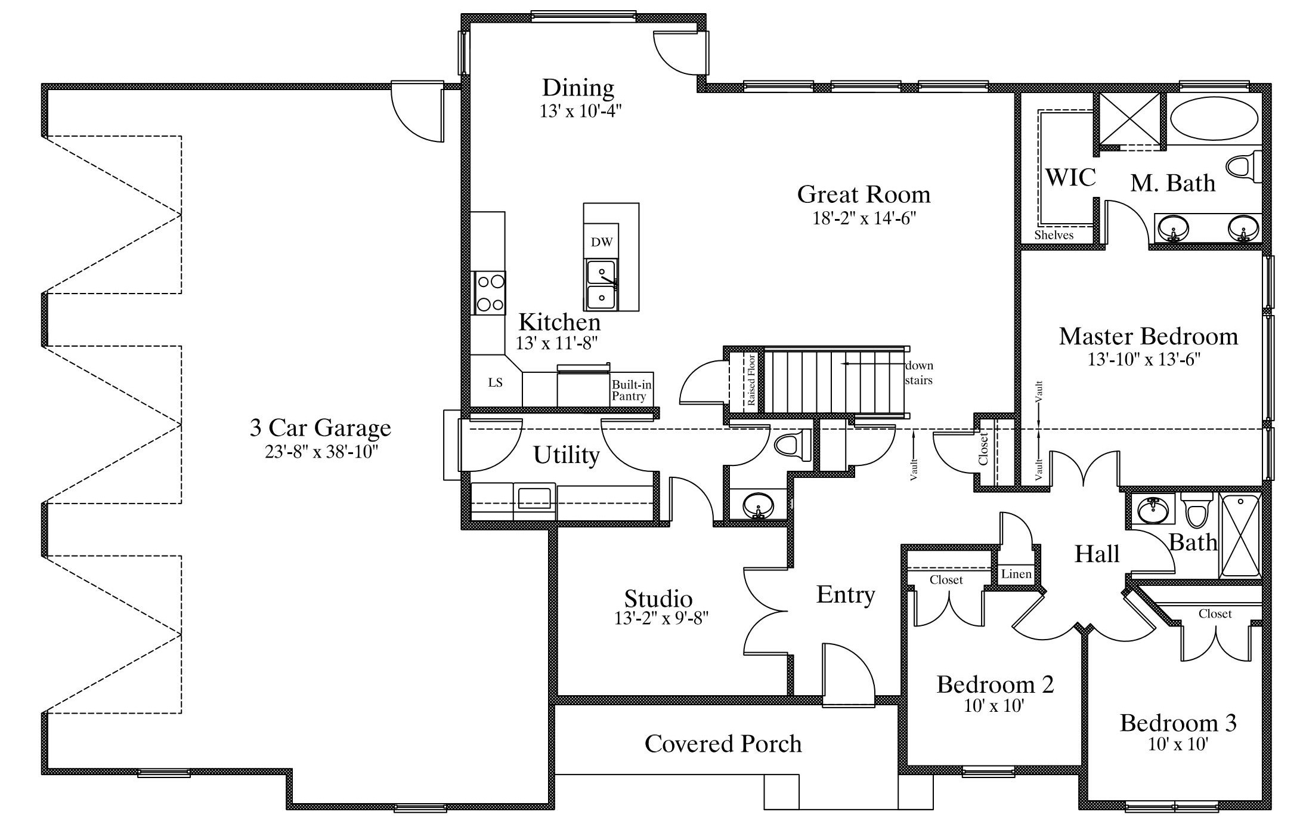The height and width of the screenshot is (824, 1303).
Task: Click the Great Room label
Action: pos(863,195)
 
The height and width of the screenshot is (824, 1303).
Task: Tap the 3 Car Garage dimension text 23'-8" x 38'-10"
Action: pos(321,452)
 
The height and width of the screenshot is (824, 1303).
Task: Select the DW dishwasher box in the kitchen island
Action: pos(601,242)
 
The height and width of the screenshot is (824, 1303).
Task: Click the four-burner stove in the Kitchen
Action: pos(490,293)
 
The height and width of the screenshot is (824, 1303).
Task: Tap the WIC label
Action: pos(1070,177)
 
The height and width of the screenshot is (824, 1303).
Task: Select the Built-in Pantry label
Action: pos(632,390)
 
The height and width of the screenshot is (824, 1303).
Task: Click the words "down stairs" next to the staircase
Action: pos(919,373)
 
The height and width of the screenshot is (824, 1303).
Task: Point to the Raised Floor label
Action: pos(752,380)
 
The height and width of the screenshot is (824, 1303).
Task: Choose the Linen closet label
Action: pos(1016,574)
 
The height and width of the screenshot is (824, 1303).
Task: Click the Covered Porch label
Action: pos(723,743)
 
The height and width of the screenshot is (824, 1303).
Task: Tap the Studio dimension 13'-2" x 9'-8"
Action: pos(661,618)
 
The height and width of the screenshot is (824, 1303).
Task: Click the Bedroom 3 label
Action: pos(1178,723)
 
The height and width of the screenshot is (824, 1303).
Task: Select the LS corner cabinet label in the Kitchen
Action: pos(495,382)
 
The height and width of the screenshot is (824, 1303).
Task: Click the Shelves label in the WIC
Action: pos(1054,235)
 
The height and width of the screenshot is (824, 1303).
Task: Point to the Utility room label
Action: pos(566,455)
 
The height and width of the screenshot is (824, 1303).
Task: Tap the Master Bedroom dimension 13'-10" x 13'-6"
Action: pos(1144,359)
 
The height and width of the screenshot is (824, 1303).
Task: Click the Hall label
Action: pos(1096,554)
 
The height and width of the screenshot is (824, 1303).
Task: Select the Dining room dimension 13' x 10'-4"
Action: pos(581,112)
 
